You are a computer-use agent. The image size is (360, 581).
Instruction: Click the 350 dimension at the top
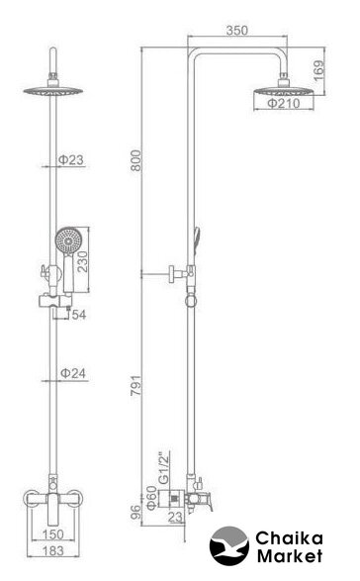[237, 31]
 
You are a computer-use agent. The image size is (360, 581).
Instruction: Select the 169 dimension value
[318, 71]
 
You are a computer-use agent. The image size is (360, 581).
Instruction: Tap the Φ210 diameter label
[284, 103]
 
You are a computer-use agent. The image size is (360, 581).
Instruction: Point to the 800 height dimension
[135, 160]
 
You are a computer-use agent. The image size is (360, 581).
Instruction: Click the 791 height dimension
[135, 385]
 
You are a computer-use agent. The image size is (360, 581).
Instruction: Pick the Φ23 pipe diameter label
[71, 160]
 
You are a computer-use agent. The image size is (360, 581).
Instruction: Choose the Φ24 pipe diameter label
[73, 373]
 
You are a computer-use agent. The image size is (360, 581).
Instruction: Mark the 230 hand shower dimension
[82, 261]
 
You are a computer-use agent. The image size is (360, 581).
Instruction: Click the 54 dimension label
[79, 315]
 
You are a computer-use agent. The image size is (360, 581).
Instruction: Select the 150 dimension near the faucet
[53, 534]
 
